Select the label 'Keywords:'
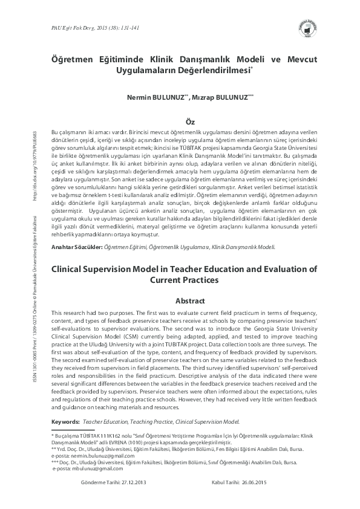coord(66,421)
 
